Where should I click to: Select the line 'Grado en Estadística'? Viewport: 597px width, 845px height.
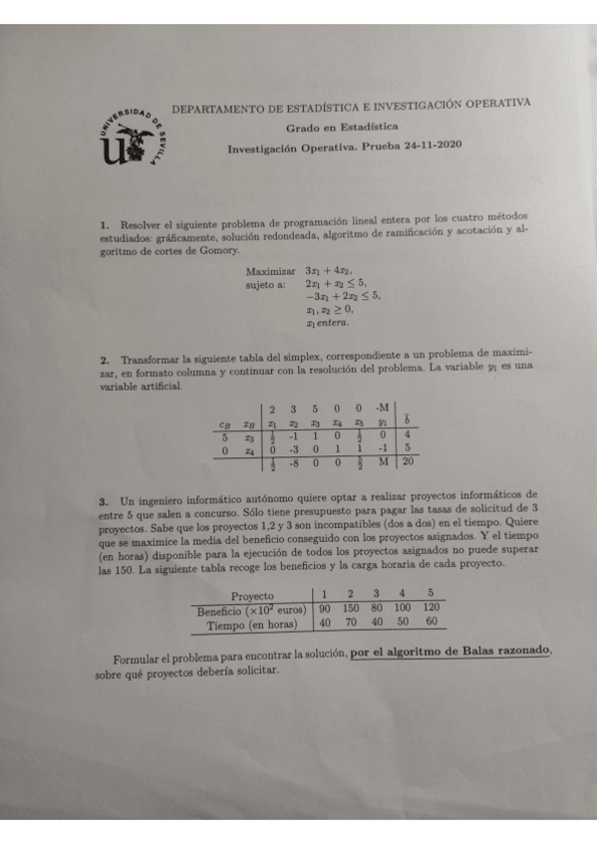pyautogui.click(x=342, y=128)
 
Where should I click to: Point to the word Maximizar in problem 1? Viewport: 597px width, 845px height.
pyautogui.click(x=270, y=270)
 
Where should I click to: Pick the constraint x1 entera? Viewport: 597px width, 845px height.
pyautogui.click(x=329, y=323)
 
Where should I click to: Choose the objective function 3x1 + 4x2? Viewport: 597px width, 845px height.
pyautogui.click(x=332, y=270)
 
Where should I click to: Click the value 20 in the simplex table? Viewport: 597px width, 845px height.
pyautogui.click(x=409, y=461)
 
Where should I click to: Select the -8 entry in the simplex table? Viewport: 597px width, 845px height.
pyautogui.click(x=294, y=462)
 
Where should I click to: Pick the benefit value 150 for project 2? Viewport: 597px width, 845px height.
pyautogui.click(x=350, y=608)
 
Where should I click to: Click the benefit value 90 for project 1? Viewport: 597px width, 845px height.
pyautogui.click(x=324, y=608)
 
